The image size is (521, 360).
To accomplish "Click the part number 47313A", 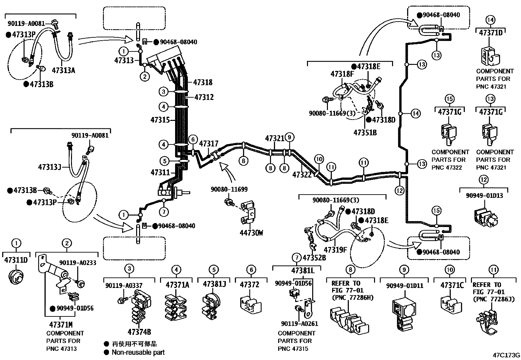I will [63, 70].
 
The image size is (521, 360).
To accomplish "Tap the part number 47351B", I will [365, 132].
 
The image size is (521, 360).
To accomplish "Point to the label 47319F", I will [335, 250].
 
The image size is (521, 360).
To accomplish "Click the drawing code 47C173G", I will [507, 355].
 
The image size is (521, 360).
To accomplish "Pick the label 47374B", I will [139, 332].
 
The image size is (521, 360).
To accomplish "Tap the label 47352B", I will [314, 257].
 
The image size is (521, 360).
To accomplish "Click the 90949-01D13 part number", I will [484, 196].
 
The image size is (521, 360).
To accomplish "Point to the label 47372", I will [249, 284].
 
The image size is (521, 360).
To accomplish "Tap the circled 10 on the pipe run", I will [319, 160].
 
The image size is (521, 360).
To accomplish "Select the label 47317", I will [208, 143].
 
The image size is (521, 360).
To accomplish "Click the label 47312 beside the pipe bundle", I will [204, 97].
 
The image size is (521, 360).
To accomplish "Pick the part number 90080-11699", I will [229, 189].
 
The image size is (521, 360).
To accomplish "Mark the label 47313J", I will [49, 167].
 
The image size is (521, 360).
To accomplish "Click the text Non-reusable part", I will [138, 352].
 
